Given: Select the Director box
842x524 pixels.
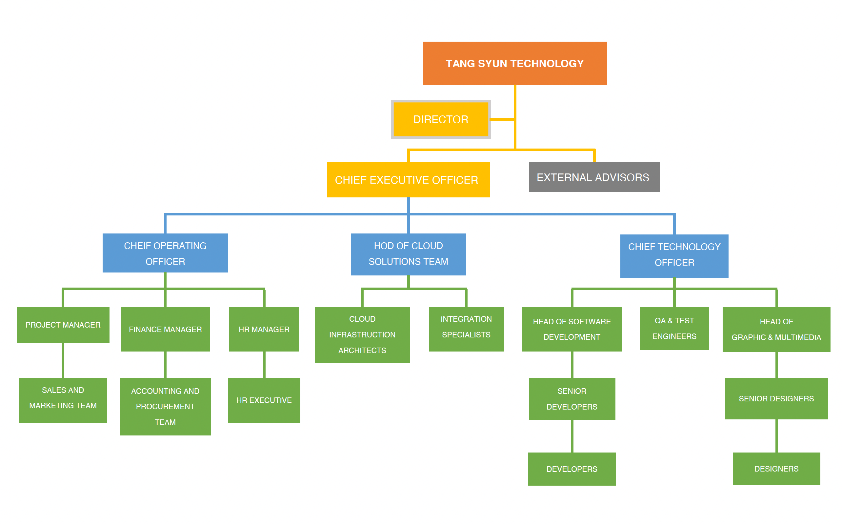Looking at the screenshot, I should pyautogui.click(x=440, y=119).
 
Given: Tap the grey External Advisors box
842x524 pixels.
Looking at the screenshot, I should pyautogui.click(x=594, y=177).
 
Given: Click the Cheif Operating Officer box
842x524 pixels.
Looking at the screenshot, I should pyautogui.click(x=165, y=253).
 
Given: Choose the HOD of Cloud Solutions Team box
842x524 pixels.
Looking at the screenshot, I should pyautogui.click(x=408, y=254).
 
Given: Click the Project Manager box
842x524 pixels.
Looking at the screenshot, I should pyautogui.click(x=63, y=325).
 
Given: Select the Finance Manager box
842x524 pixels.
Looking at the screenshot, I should pyautogui.click(x=165, y=329).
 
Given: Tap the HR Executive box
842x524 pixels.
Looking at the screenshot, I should pyautogui.click(x=264, y=400).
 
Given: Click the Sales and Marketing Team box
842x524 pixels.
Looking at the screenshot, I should pyautogui.click(x=63, y=400).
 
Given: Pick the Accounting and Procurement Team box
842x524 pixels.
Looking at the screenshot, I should pyautogui.click(x=165, y=407).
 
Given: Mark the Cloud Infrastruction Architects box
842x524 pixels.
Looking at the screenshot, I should pyautogui.click(x=362, y=335).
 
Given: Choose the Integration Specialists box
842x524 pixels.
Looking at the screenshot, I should pyautogui.click(x=466, y=329).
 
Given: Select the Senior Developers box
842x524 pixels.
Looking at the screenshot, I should pyautogui.click(x=572, y=399).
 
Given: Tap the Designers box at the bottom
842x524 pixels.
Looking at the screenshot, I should pyautogui.click(x=776, y=469).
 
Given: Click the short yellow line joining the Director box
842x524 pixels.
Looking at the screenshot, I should pyautogui.click(x=501, y=119).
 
